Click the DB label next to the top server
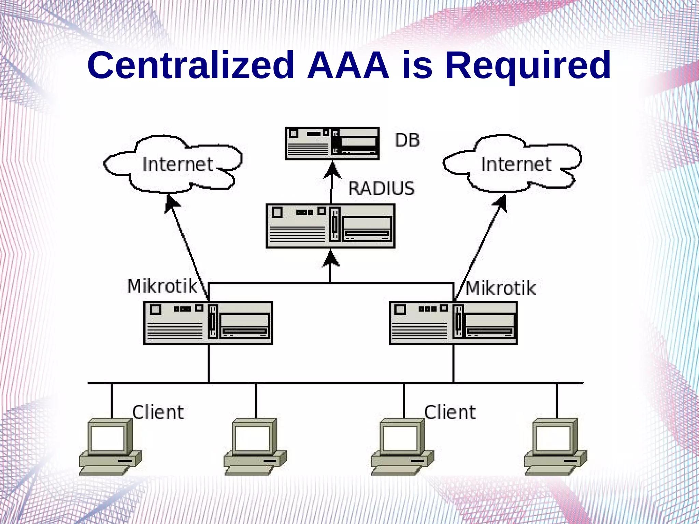[x=407, y=140]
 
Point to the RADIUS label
[x=381, y=189]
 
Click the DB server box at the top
[x=332, y=143]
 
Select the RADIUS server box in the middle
[x=330, y=226]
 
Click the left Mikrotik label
[x=162, y=286]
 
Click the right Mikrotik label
[x=500, y=288]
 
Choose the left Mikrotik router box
[x=208, y=323]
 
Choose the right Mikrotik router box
[x=453, y=323]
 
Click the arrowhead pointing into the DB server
[x=332, y=171]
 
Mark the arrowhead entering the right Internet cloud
[x=500, y=203]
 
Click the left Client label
[x=158, y=412]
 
